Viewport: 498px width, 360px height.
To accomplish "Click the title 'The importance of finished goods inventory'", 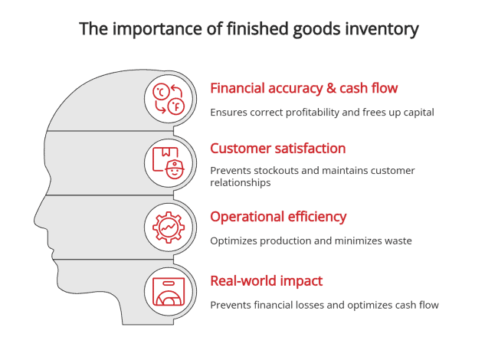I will tap(249, 30).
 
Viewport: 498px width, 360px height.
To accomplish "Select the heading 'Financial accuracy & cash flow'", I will tap(304, 88).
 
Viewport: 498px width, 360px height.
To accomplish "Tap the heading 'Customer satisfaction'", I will tap(278, 149).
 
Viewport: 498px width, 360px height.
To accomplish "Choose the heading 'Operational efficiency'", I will tap(278, 217).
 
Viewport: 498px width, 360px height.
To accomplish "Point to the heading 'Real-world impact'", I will tap(266, 281).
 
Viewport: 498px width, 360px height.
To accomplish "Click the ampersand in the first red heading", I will tap(334, 88).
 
